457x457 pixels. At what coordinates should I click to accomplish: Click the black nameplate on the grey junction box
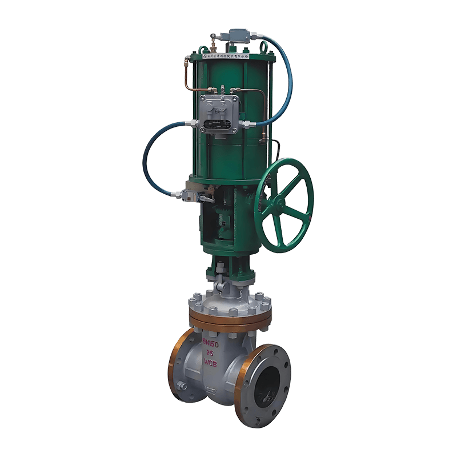(x=218, y=125)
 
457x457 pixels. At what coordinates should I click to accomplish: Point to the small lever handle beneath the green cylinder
(x=207, y=199)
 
